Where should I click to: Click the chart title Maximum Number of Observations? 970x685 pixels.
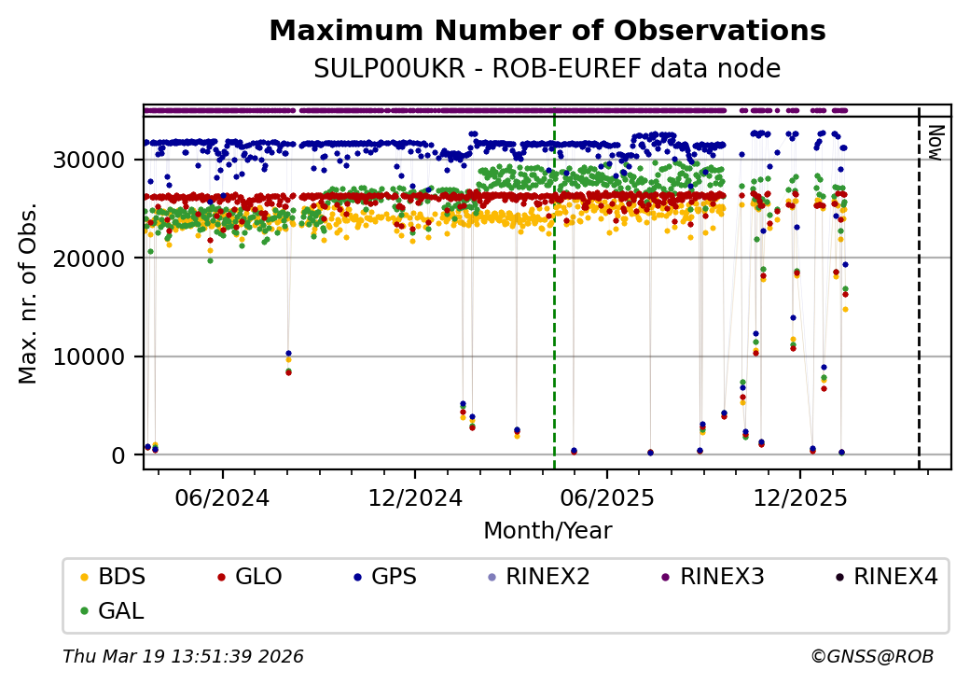tap(547, 32)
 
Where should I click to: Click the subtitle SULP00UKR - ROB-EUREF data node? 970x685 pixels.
tap(547, 69)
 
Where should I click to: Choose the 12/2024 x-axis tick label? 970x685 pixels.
tap(415, 497)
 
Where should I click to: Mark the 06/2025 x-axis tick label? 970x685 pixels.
tap(607, 497)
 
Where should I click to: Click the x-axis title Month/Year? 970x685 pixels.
tap(547, 531)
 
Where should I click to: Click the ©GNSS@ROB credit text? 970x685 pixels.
tap(872, 657)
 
